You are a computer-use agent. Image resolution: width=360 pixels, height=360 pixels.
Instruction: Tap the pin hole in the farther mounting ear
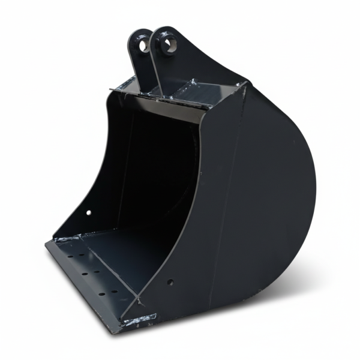pyautogui.click(x=143, y=44)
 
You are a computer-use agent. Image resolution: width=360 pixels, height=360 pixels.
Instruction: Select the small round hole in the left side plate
pyautogui.click(x=89, y=212)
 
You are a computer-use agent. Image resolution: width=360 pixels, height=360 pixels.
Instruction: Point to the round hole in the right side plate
pyautogui.click(x=170, y=281)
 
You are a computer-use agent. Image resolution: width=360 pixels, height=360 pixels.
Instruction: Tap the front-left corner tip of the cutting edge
pyautogui.click(x=46, y=243)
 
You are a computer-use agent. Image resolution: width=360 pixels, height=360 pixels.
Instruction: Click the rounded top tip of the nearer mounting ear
pyautogui.click(x=165, y=28)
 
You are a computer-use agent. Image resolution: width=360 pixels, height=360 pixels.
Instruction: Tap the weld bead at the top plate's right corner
pyautogui.click(x=243, y=88)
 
